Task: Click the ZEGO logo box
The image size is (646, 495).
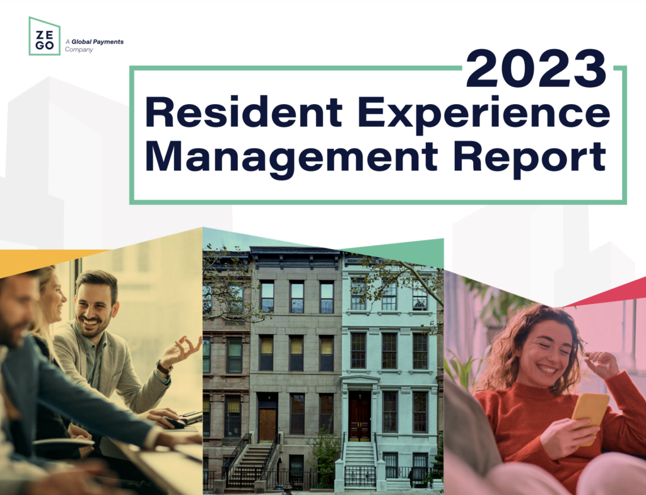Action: (44, 36)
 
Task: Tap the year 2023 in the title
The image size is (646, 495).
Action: (536, 70)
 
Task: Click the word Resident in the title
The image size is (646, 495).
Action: (244, 114)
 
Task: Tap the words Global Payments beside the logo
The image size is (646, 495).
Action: (97, 42)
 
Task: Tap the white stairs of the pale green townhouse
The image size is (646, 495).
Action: (359, 458)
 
